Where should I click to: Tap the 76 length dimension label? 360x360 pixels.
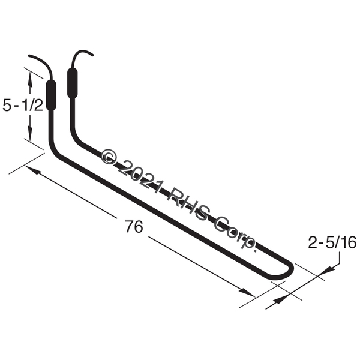coord(134,226)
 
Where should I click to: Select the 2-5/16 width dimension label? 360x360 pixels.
coord(332,242)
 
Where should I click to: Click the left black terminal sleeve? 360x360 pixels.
coord(51,95)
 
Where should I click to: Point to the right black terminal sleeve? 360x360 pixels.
coord(72,83)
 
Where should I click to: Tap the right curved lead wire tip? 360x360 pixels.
coord(92,55)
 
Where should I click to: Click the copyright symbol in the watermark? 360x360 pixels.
coord(109,157)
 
